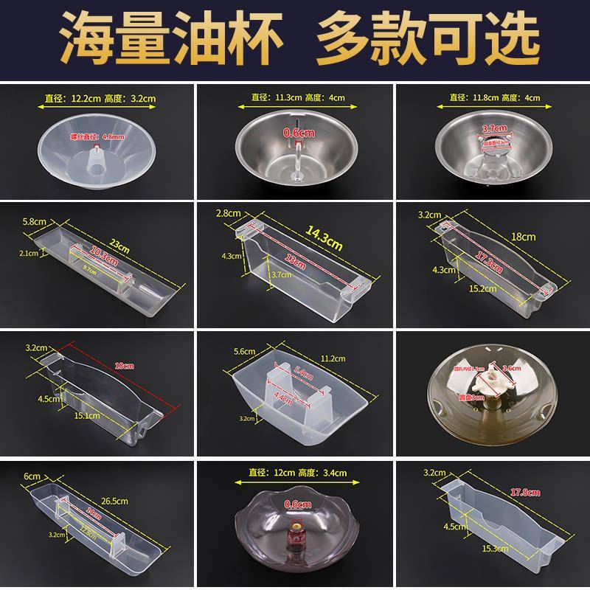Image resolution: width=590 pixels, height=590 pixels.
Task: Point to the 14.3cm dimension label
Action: tap(324, 238)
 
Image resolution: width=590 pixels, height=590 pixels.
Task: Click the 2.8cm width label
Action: tap(229, 213)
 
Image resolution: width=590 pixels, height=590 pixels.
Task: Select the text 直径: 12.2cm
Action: tap(73, 96)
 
